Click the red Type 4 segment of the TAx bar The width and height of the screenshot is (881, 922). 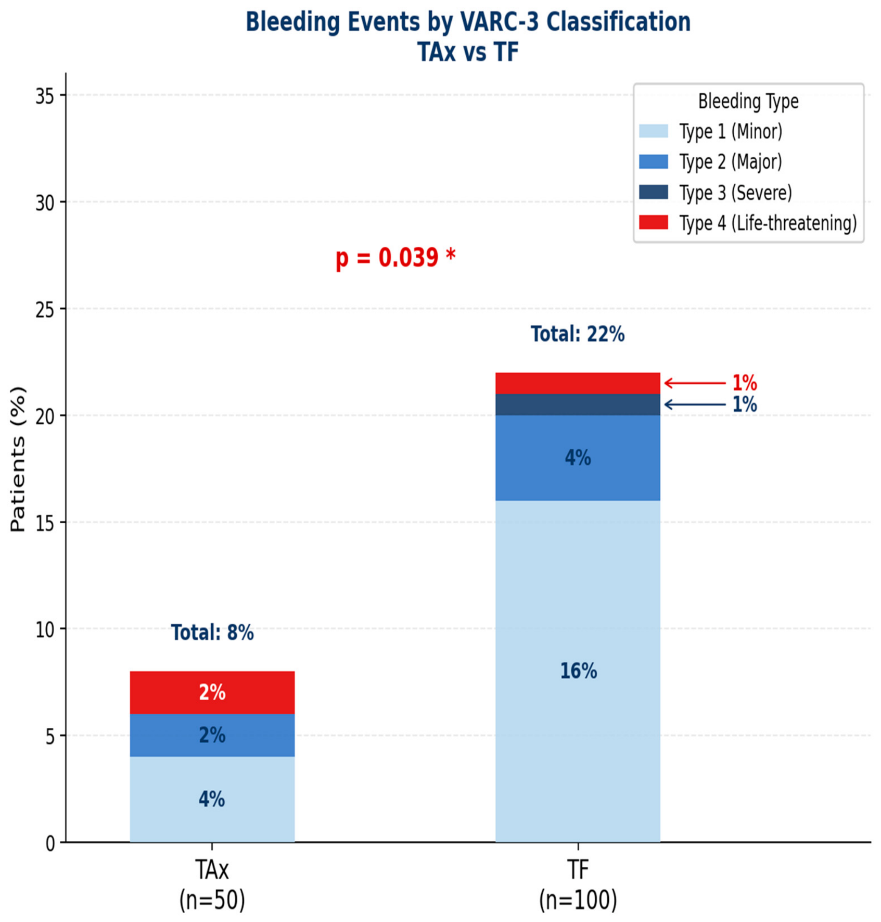(x=212, y=692)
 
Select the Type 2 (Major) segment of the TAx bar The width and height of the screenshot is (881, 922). (x=212, y=735)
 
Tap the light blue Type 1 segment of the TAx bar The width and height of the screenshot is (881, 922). (x=212, y=799)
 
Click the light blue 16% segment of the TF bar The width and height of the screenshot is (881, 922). (x=578, y=672)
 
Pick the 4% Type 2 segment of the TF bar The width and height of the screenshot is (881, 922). (x=578, y=458)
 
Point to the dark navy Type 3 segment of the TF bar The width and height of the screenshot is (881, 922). (x=578, y=405)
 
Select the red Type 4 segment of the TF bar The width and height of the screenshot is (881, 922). (x=578, y=383)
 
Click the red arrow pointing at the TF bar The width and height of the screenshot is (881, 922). (x=695, y=383)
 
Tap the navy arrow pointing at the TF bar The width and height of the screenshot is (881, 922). (x=695, y=405)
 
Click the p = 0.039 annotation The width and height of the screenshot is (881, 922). (x=395, y=257)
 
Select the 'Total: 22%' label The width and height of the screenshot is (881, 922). (x=578, y=334)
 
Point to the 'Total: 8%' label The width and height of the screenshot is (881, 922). (x=212, y=633)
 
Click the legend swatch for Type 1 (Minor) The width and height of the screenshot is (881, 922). (x=654, y=131)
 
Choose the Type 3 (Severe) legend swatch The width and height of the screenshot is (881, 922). (x=654, y=192)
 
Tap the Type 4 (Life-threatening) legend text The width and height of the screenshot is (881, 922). (x=768, y=223)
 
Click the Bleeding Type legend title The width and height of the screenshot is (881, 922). (x=748, y=101)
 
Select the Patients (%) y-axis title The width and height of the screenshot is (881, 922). (x=18, y=459)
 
